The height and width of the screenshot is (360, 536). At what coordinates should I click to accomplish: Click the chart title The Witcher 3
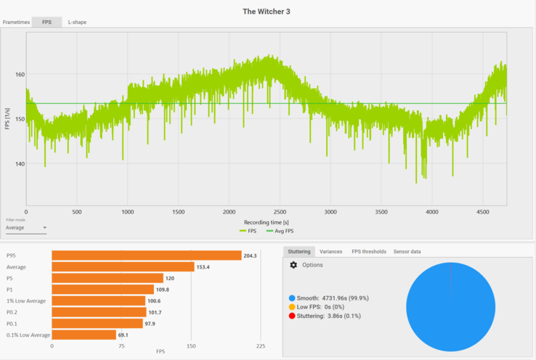tap(268, 11)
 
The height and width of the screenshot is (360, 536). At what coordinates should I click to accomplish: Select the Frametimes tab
tap(16, 22)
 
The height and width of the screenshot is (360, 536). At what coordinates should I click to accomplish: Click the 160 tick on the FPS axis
tap(20, 74)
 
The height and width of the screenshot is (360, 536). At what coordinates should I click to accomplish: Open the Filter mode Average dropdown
tap(25, 228)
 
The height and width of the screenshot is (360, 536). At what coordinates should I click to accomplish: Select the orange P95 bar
tap(146, 255)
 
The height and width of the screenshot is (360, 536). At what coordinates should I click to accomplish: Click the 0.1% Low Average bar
tap(84, 335)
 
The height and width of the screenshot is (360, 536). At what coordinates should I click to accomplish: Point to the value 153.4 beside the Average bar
tap(204, 267)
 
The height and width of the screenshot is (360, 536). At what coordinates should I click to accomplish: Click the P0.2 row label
tap(13, 312)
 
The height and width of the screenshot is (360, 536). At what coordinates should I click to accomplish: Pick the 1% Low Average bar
tap(98, 300)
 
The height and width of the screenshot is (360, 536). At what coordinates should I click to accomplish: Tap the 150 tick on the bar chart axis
tap(191, 347)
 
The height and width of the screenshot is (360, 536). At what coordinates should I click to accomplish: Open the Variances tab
tap(330, 251)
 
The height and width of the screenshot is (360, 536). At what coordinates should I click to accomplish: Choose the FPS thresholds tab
tap(368, 251)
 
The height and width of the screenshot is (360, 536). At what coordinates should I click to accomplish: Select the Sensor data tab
tap(407, 251)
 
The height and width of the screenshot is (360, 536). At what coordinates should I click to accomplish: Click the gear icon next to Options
tap(293, 265)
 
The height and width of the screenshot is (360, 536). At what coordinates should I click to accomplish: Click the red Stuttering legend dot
tap(292, 316)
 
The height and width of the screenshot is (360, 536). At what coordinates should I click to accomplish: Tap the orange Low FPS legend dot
tap(292, 307)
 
